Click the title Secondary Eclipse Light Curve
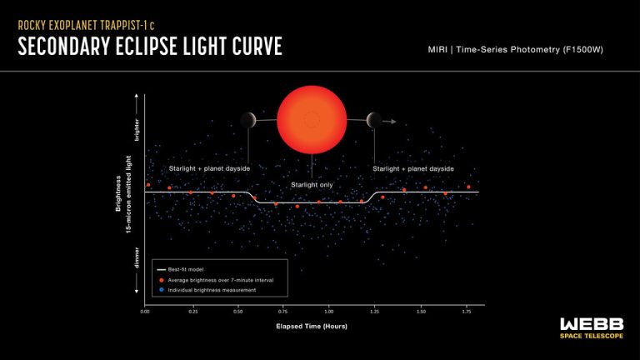150,47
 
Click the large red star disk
311,119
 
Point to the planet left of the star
248,121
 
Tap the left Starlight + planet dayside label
209,168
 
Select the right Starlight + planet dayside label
413,168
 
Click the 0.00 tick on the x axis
146,310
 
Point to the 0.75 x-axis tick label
283,310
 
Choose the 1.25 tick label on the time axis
375,310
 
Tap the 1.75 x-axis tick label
467,310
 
